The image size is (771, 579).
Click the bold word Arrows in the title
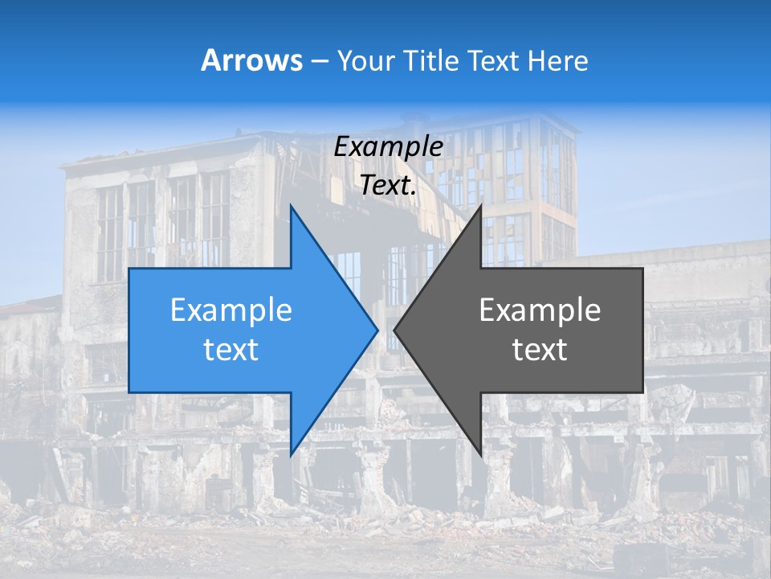[x=251, y=60]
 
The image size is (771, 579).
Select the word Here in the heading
[x=557, y=60]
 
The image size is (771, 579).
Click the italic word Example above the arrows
[x=389, y=146]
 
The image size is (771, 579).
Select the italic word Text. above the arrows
[x=389, y=185]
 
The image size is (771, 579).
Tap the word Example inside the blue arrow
[x=231, y=310]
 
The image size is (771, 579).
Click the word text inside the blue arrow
[x=231, y=350]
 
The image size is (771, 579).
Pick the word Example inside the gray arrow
[x=540, y=310]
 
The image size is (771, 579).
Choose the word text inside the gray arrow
[x=540, y=350]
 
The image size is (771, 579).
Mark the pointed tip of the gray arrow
[x=395, y=330]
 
